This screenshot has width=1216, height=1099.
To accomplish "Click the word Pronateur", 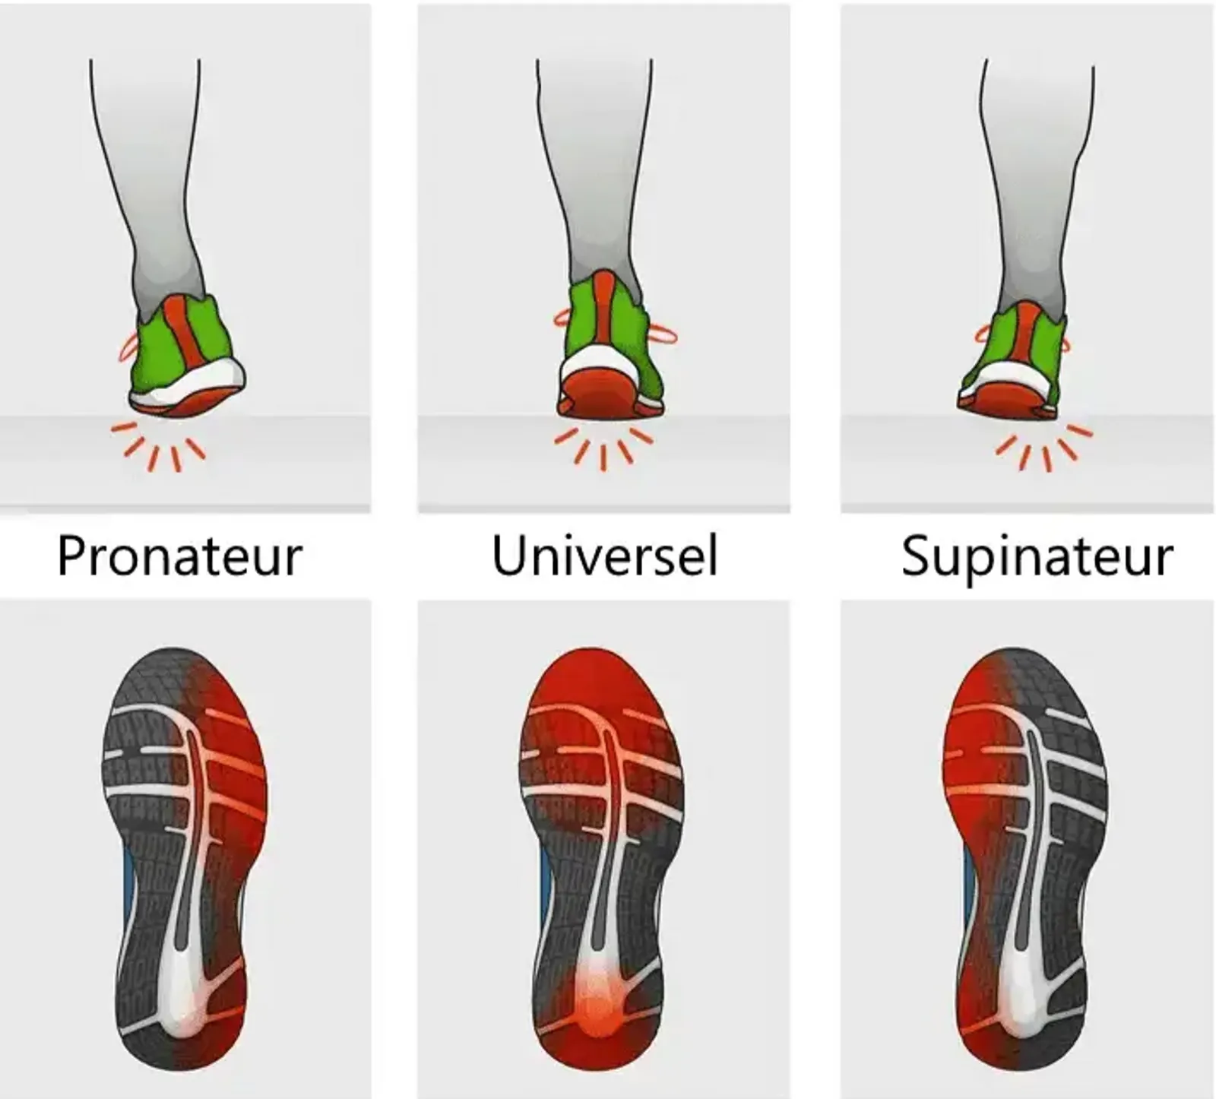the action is pos(180,556).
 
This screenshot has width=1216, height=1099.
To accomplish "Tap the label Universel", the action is pos(605,555).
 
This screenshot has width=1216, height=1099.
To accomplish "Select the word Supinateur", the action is pos(1037,557).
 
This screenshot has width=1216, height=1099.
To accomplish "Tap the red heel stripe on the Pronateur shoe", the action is pos(187,335).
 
